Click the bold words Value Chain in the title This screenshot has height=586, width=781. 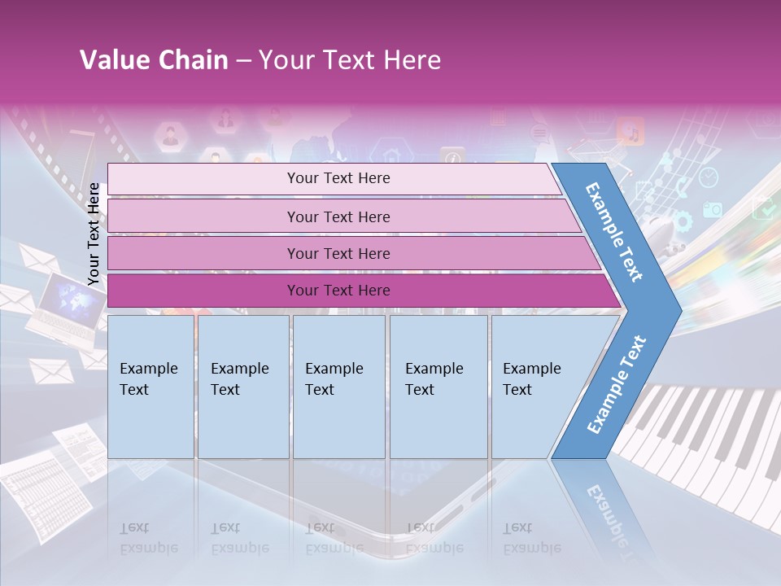point(154,60)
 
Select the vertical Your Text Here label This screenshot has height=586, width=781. point(94,234)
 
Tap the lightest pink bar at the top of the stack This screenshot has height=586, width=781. point(338,178)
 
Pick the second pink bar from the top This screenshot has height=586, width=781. point(338,216)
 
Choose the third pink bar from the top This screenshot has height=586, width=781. point(338,253)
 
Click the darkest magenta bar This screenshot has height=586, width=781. point(338,291)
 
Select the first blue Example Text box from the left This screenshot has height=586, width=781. point(151,387)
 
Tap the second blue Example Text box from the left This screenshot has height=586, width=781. point(242,387)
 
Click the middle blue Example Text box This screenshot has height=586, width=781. point(338,387)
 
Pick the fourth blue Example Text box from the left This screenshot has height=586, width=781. point(438,387)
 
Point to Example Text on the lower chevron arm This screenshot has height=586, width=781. point(617,384)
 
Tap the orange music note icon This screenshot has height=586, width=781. point(630,131)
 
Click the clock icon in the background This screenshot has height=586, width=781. point(709,177)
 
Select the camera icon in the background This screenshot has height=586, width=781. point(713,209)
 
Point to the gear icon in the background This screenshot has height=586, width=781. point(682,221)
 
